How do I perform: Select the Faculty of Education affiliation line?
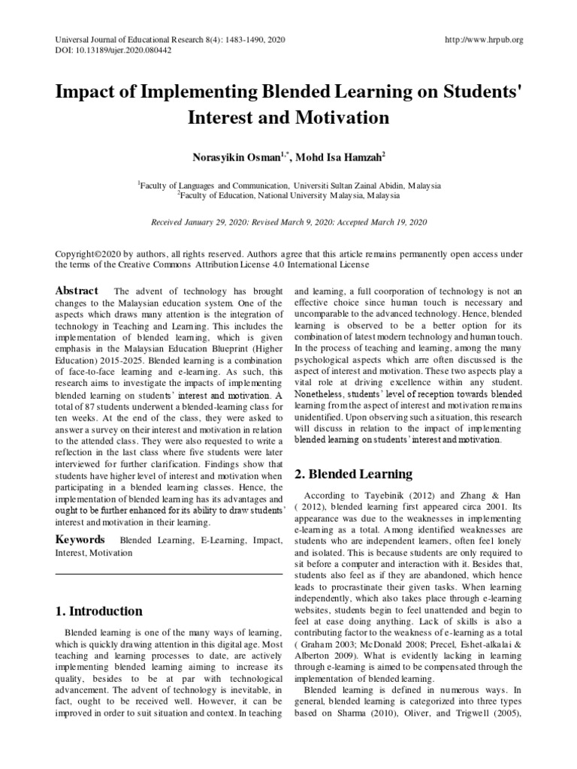click(x=288, y=194)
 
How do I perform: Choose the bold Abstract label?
click(x=77, y=291)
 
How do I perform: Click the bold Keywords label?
click(x=80, y=539)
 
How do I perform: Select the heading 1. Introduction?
click(x=99, y=611)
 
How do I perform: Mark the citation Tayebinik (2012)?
click(x=372, y=496)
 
